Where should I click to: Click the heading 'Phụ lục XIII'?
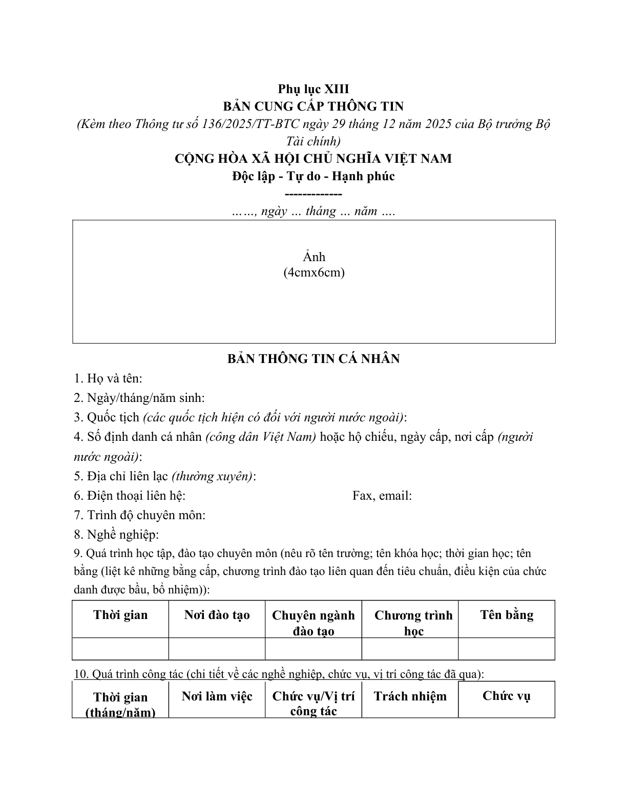(313, 89)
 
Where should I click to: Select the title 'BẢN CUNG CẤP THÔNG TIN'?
(313, 106)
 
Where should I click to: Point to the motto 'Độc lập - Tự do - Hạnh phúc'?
(313, 176)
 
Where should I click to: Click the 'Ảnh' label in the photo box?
(313, 257)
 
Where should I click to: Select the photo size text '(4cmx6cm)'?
(313, 272)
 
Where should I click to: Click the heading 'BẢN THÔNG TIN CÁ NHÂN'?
(313, 359)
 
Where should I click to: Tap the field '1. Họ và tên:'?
(108, 378)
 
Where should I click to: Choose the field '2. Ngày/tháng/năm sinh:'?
(139, 398)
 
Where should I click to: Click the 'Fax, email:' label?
(382, 496)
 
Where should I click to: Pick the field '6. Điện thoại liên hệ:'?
(130, 496)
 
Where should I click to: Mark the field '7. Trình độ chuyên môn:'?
(139, 515)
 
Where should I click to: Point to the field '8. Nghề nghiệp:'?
(116, 535)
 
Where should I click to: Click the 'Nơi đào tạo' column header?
(217, 615)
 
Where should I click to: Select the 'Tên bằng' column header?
(507, 615)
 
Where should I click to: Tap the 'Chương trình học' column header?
(413, 623)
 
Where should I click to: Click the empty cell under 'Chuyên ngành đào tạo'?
(313, 649)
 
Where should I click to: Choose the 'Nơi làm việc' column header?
(217, 696)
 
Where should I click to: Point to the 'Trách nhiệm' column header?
(410, 696)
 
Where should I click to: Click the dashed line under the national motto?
(313, 194)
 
